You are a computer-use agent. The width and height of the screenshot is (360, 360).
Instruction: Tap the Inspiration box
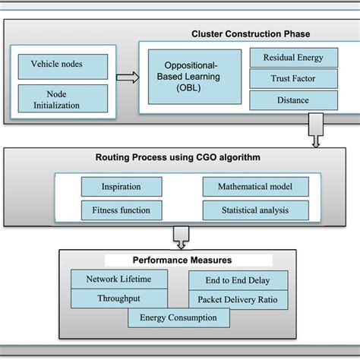(x=122, y=187)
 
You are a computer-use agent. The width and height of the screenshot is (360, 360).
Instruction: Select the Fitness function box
(x=122, y=210)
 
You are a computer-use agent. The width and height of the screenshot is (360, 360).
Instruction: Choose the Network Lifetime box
(x=118, y=279)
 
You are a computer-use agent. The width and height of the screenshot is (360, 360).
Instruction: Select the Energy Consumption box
(x=178, y=318)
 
